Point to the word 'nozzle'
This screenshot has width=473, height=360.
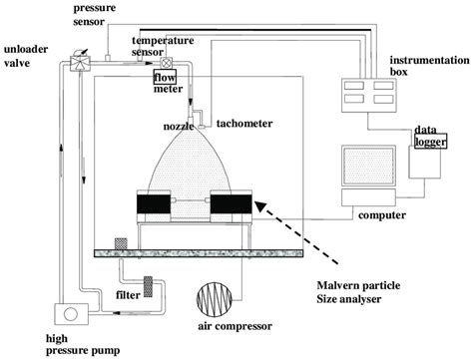tap(179, 127)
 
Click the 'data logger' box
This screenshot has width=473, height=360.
tap(431, 141)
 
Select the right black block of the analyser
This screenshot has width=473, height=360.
tap(230, 209)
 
